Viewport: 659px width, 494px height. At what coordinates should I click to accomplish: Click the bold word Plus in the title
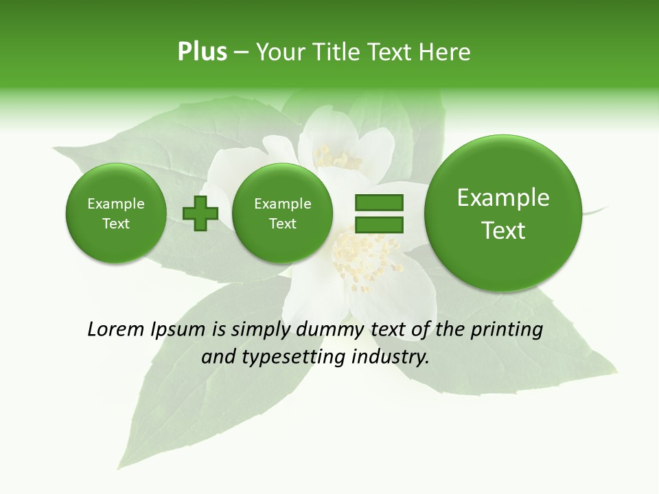202,52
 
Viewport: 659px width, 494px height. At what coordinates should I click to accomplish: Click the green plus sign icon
200,213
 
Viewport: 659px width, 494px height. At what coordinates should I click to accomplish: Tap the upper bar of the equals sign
379,202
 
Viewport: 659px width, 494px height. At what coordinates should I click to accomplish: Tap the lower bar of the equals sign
379,224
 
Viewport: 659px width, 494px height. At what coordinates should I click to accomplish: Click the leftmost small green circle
115,213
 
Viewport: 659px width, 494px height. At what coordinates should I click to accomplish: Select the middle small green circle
282,213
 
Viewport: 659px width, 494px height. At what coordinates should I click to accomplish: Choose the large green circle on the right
503,213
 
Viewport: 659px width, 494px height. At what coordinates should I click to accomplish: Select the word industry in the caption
390,357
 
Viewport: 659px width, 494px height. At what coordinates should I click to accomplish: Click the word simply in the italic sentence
262,330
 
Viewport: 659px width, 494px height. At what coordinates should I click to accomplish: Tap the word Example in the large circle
503,198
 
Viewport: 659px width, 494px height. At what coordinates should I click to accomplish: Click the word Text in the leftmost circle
115,224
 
